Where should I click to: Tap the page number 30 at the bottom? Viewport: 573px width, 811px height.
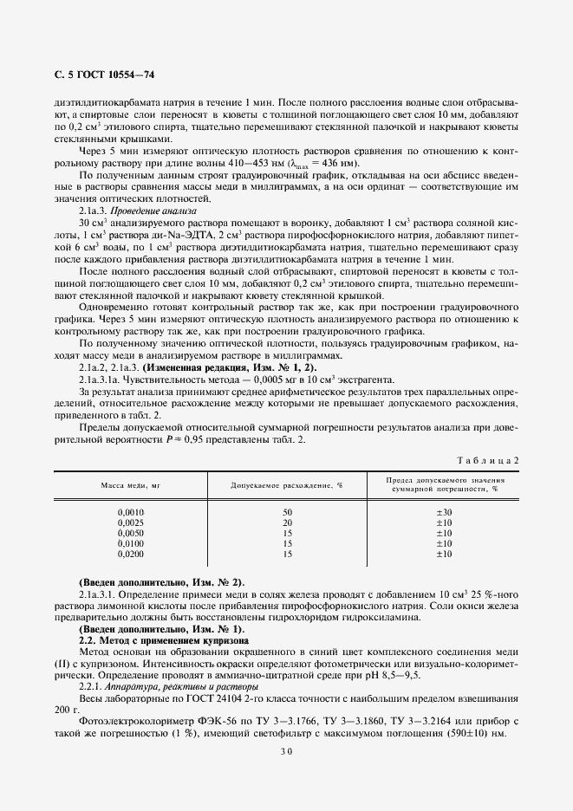click(x=286, y=753)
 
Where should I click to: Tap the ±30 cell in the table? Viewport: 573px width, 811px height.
click(x=444, y=513)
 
